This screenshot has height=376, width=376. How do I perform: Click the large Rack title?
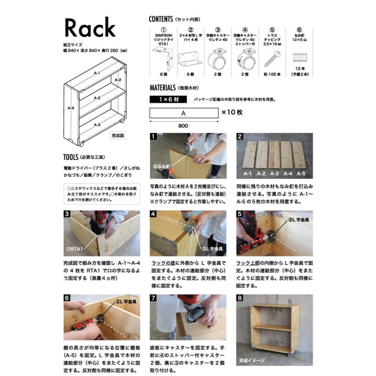click(x=89, y=28)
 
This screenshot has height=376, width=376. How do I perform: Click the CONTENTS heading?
click(x=161, y=19)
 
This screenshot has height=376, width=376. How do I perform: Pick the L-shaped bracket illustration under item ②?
click(x=191, y=59)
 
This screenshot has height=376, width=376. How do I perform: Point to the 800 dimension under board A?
click(x=183, y=126)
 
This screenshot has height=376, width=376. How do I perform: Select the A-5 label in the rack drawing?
click(x=97, y=98)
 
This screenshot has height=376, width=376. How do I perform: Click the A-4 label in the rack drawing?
click(x=71, y=108)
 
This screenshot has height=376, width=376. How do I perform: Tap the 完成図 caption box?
click(x=118, y=135)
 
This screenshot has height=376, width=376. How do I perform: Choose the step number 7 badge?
click(x=153, y=298)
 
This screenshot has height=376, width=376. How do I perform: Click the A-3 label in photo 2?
click(x=274, y=173)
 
